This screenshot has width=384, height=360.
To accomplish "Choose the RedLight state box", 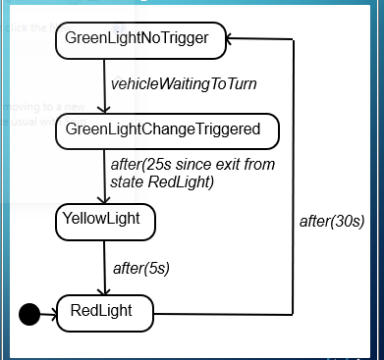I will (x=104, y=312).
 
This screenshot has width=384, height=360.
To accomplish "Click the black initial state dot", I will (x=30, y=313).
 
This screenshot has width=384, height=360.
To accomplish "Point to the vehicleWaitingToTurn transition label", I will (x=184, y=84).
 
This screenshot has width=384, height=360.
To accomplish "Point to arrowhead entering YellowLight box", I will (x=104, y=200).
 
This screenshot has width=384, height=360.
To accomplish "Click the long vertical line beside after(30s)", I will (x=293, y=177).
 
